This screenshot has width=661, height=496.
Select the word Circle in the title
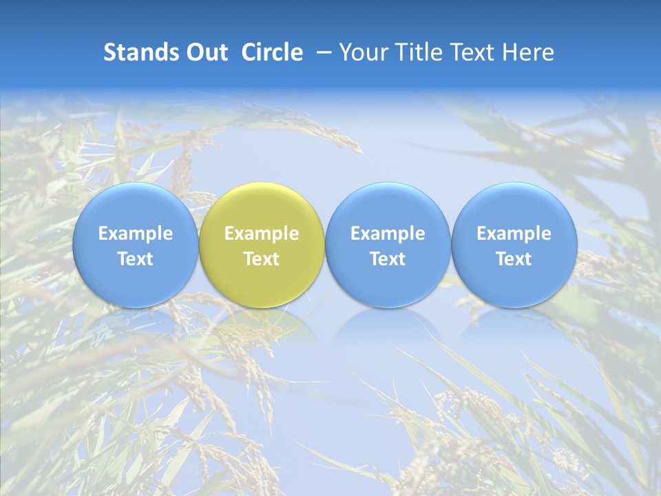[x=272, y=52]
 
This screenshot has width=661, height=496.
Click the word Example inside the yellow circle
[x=262, y=234]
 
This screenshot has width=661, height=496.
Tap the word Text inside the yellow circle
[x=262, y=259]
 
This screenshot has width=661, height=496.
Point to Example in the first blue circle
[x=135, y=234]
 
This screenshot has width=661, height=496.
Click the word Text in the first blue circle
[x=135, y=259]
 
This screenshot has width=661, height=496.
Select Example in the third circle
[x=388, y=234]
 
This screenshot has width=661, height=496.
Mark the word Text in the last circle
[x=514, y=259]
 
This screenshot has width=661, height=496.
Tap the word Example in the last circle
[x=514, y=234]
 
